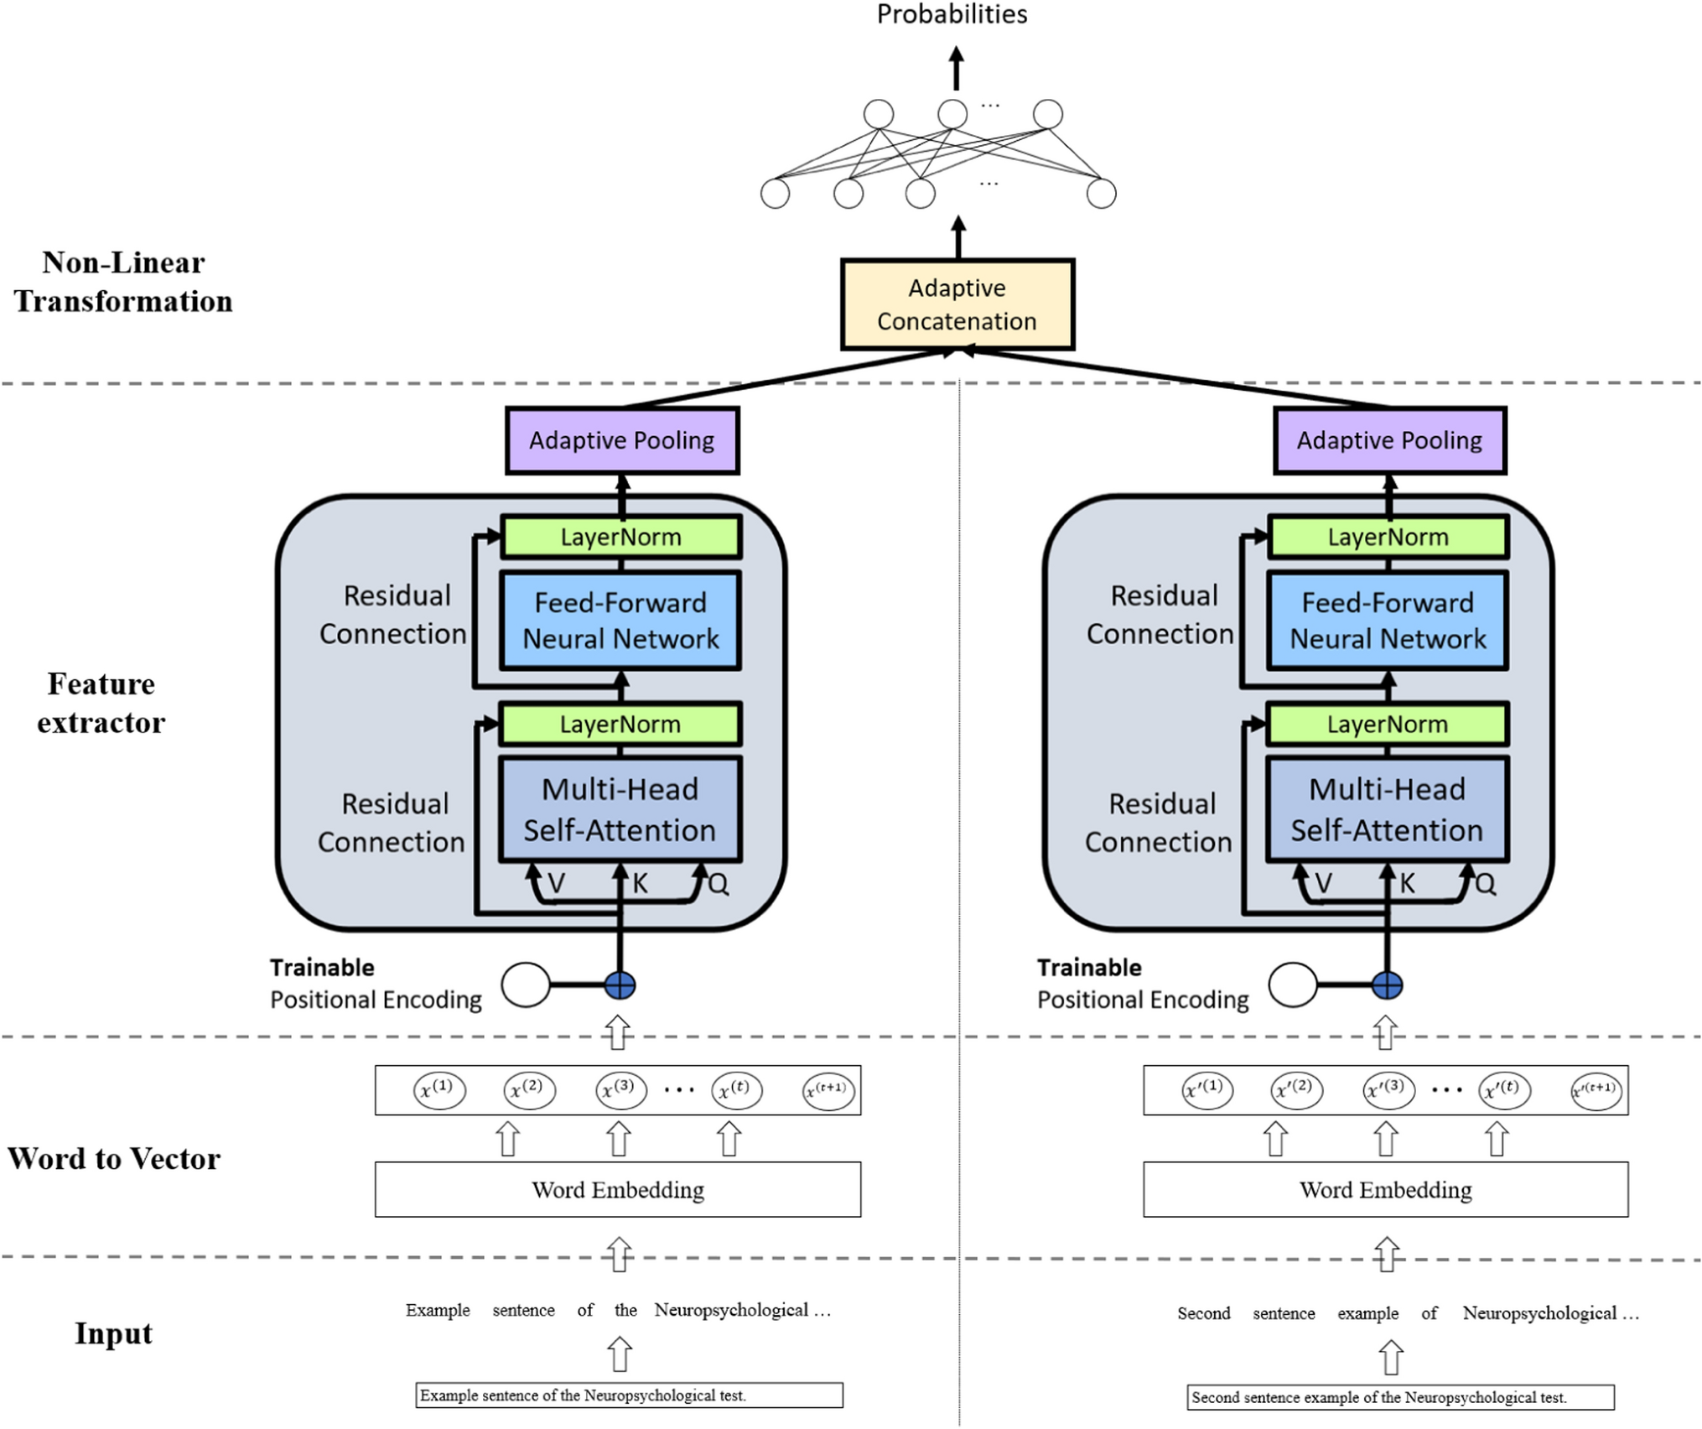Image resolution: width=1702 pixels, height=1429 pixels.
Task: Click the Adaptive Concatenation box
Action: [957, 304]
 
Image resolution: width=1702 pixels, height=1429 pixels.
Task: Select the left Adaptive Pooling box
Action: [621, 440]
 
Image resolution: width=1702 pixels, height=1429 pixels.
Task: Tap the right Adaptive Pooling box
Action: [1389, 440]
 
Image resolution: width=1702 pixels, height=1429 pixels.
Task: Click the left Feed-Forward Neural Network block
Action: [620, 621]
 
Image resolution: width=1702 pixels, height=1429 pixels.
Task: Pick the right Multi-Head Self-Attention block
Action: [1387, 809]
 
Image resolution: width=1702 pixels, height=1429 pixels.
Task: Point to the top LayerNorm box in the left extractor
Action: [620, 537]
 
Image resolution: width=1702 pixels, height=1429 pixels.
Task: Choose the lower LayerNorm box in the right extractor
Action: [1387, 724]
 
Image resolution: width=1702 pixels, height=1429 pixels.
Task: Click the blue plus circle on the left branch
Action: [620, 985]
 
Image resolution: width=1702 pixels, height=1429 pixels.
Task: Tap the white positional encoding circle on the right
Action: [1292, 985]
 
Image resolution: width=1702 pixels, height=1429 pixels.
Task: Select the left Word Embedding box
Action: [617, 1189]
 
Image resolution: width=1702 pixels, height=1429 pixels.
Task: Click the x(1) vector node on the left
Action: [438, 1090]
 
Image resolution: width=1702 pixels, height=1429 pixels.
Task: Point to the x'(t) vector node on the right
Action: [1504, 1090]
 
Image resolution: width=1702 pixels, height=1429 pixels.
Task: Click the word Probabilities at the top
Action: [952, 14]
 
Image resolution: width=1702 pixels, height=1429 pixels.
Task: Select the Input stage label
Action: [113, 1333]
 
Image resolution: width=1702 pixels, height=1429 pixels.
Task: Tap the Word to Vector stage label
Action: [114, 1158]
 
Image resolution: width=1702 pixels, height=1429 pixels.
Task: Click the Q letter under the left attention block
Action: [719, 884]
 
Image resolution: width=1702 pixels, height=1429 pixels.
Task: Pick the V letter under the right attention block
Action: [1323, 884]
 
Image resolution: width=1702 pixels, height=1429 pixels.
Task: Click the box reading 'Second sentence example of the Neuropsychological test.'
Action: [1400, 1397]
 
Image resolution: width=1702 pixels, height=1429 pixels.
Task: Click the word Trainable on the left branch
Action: [322, 968]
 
